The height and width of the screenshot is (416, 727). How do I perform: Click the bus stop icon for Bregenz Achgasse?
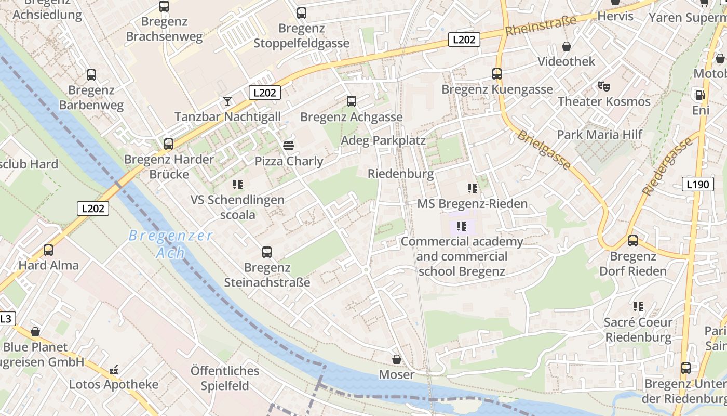tap(352, 101)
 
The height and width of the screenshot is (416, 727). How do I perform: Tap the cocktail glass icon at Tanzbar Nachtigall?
tap(227, 101)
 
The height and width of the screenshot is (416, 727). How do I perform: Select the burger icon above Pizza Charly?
tap(289, 145)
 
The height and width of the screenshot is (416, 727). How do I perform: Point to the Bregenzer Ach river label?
tap(171, 244)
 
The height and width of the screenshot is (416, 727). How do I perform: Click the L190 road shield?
tap(697, 184)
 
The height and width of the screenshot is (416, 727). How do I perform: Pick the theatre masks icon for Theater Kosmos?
tap(603, 86)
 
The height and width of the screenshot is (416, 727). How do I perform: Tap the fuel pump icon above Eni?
tap(700, 95)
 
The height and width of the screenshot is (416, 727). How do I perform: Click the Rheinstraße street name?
tap(541, 26)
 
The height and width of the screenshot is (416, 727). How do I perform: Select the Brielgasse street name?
tap(544, 150)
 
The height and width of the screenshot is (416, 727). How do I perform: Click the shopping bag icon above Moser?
tap(397, 359)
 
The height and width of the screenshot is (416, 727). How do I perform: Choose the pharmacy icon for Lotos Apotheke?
tap(114, 370)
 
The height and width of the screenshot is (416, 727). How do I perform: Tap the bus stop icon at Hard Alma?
tap(48, 250)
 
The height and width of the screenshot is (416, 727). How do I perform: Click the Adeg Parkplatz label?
tap(383, 140)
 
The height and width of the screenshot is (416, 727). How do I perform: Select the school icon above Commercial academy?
tap(461, 226)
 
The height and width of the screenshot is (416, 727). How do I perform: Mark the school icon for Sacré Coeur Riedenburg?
tap(638, 307)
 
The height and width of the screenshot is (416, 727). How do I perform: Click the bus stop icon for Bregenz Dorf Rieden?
tap(632, 241)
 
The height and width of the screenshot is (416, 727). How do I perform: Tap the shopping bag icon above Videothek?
tap(567, 46)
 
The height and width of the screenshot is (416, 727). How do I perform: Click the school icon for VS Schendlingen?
tap(238, 184)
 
